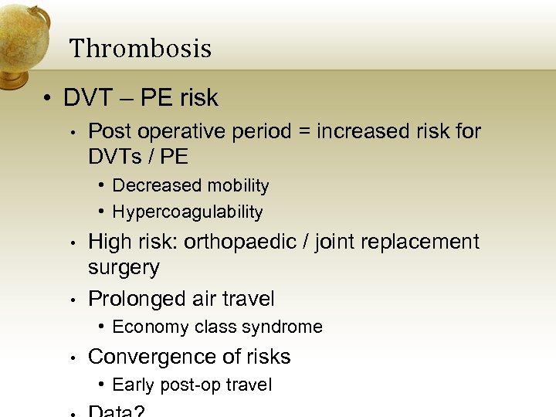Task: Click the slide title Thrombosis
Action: pos(141,49)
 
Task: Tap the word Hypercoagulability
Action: pos(188,212)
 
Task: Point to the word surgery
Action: pos(124,268)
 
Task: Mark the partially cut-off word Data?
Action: pos(117,412)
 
